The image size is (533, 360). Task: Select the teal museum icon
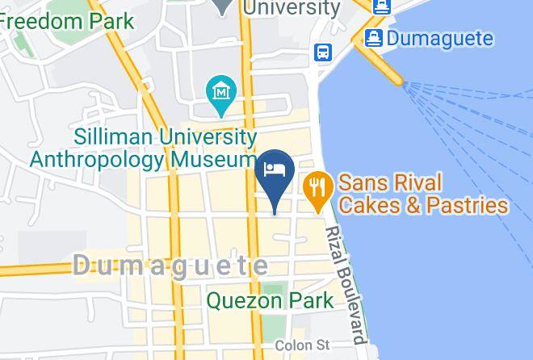[x=220, y=90]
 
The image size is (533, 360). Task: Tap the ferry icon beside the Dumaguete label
[x=373, y=37]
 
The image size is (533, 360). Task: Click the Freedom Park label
[x=66, y=19]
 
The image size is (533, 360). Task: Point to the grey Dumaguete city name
[x=171, y=265]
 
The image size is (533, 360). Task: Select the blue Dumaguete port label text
[x=440, y=37]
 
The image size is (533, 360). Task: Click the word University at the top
[x=292, y=8]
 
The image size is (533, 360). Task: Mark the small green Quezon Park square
[x=275, y=288]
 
